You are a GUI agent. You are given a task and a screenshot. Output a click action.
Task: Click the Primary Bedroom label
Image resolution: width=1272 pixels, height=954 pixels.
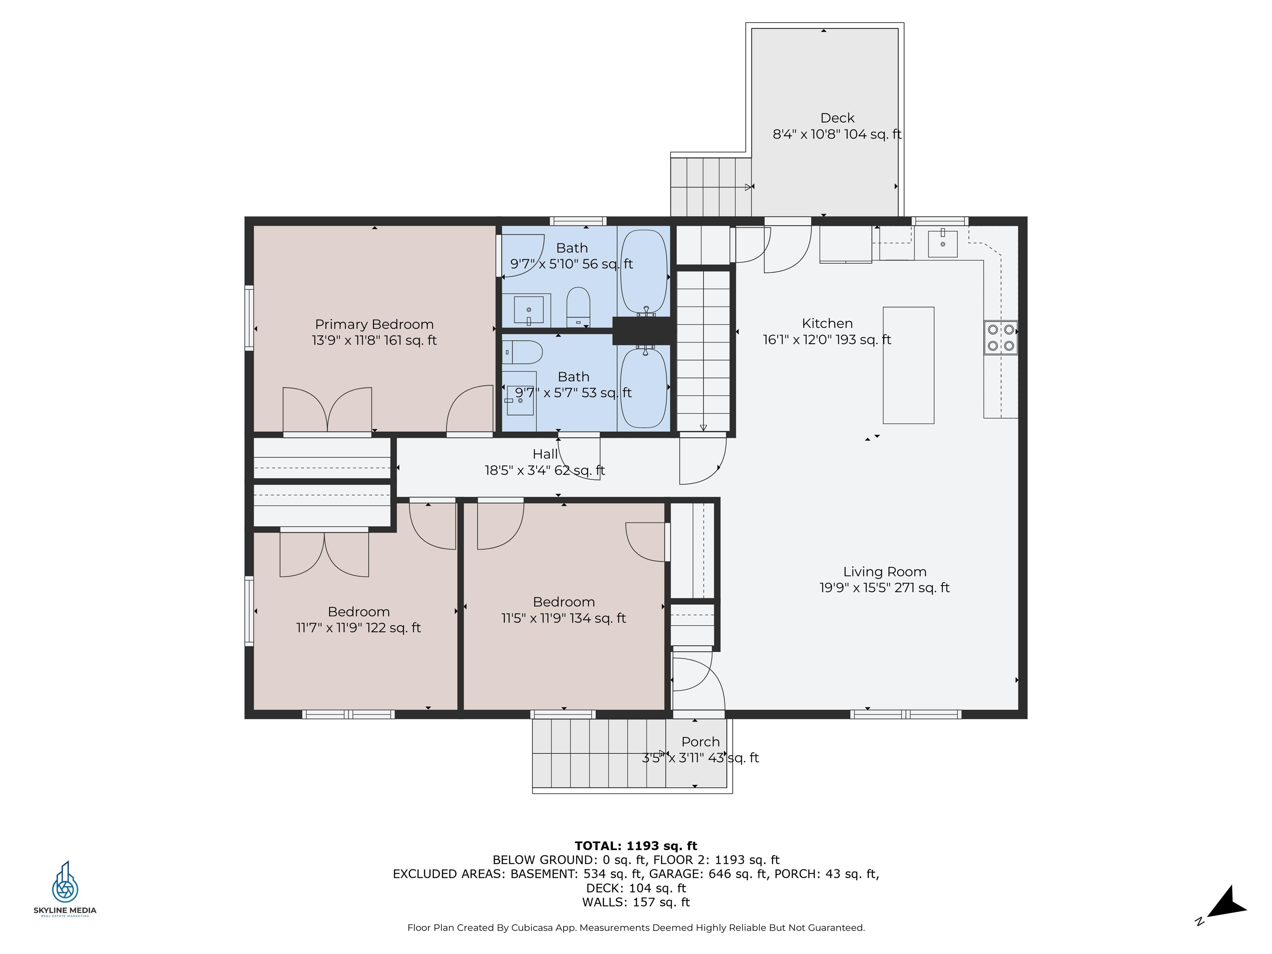[374, 324]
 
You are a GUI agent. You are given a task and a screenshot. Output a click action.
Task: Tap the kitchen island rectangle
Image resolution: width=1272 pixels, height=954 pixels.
[908, 365]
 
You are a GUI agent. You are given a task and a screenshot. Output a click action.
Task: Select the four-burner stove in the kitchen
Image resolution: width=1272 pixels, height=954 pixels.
[1000, 337]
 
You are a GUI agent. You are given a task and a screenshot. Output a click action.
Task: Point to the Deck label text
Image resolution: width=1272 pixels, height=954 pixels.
[837, 118]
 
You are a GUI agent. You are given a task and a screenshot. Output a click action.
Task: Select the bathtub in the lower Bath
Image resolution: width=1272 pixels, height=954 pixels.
[643, 388]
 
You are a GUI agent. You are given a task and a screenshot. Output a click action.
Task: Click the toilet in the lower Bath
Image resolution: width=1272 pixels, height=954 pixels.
[523, 352]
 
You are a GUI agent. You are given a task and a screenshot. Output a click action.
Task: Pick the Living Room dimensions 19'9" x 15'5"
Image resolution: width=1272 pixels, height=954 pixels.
[884, 588]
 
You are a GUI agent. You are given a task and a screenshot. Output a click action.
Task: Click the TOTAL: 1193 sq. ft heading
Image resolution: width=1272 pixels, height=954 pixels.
[636, 846]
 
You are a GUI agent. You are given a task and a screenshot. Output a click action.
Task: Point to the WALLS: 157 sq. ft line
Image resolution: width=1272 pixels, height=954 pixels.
[636, 902]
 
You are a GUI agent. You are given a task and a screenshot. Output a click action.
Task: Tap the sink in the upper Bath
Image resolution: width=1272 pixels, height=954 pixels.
[528, 311]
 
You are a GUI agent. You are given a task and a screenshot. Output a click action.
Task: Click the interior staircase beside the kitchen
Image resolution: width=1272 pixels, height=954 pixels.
[703, 351]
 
